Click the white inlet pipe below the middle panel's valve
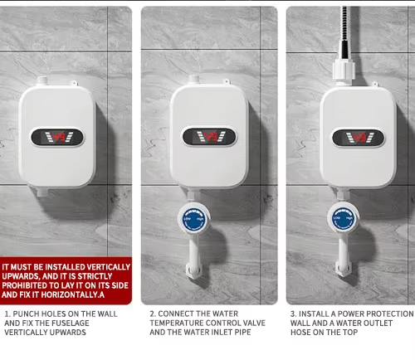tap(193, 257)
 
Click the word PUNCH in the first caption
tap(27, 314)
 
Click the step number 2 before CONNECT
tap(152, 314)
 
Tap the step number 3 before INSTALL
tap(292, 314)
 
